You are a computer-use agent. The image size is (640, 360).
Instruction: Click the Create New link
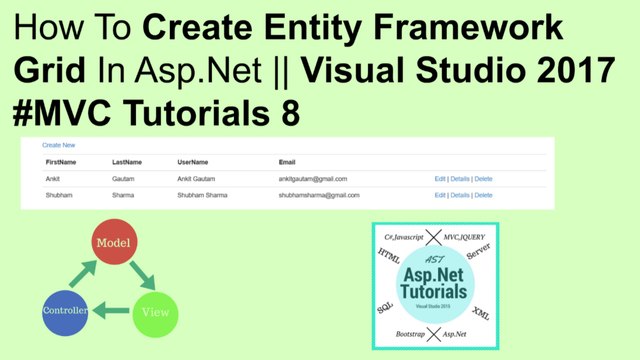click(x=58, y=146)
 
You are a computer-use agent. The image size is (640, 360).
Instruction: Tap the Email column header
click(x=288, y=162)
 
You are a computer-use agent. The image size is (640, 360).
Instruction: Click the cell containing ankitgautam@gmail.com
click(x=313, y=179)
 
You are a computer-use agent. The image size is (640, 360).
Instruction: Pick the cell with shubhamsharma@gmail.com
click(x=319, y=195)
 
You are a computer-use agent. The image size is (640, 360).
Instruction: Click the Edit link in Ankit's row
click(x=439, y=179)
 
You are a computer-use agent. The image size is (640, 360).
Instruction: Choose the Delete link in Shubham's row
click(x=483, y=195)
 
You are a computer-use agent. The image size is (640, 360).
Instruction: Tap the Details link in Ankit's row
click(x=459, y=179)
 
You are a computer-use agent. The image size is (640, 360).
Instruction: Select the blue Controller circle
click(x=67, y=311)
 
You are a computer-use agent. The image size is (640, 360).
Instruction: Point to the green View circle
click(x=155, y=311)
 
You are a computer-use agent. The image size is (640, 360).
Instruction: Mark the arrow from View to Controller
click(x=111, y=312)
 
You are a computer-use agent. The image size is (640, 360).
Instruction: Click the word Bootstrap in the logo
click(x=404, y=330)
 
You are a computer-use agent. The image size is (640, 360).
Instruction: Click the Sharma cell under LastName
click(x=124, y=195)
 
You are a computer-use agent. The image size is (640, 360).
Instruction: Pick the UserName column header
click(x=194, y=162)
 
